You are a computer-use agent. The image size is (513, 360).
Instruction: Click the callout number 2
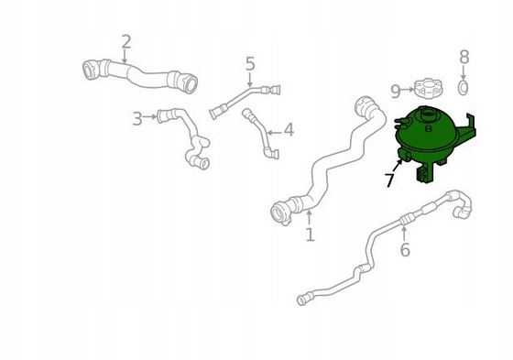pos(126,41)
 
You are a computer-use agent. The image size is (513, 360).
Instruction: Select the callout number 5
pos(250,64)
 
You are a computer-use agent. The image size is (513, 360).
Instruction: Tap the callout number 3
pos(137,118)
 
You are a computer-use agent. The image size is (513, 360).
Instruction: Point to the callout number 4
pos(289,130)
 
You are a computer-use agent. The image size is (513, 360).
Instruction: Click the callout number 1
pos(310,235)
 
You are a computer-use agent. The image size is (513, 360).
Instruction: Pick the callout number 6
pos(404,250)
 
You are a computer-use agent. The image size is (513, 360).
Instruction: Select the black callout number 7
pos(389,180)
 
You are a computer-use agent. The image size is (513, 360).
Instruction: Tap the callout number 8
pos(464,58)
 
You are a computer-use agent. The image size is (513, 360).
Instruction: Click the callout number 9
pos(396,91)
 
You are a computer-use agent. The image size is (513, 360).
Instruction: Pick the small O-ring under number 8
pos(464,89)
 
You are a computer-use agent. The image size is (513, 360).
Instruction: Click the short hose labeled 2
pos(143,72)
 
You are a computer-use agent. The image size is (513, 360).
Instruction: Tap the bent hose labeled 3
pos(188,137)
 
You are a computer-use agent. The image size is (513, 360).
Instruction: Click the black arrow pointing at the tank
pos(398,166)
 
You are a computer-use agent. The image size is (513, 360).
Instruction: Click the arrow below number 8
pos(464,73)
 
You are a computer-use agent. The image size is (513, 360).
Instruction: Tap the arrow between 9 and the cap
pos(409,91)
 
